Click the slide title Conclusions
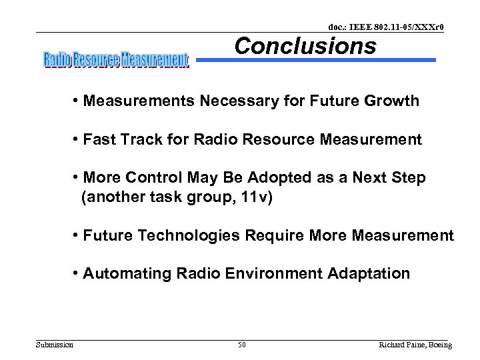click(305, 46)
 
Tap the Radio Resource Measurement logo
click(117, 60)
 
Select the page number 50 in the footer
click(242, 345)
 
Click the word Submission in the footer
click(54, 345)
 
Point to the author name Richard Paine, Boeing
click(415, 345)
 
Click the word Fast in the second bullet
click(100, 140)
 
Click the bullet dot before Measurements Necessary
click(77, 101)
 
